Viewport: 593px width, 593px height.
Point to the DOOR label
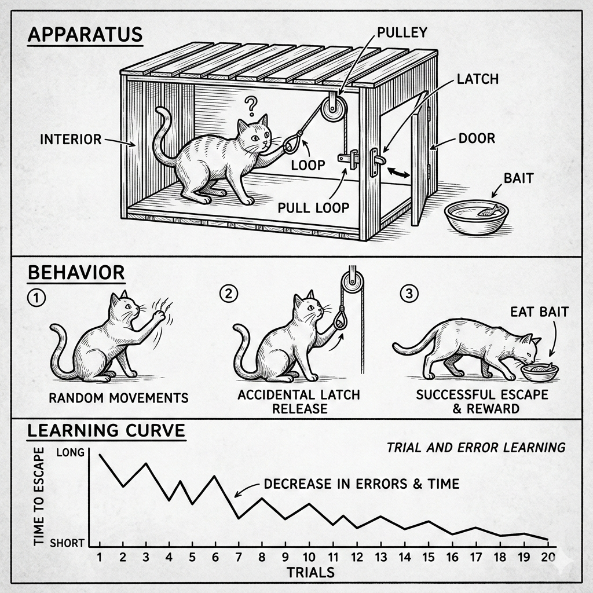(477, 138)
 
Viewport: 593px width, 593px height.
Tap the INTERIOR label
(71, 139)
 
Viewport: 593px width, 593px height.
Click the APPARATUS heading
(85, 34)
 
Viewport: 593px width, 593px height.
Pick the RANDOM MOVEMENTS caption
(118, 398)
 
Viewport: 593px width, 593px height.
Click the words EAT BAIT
(539, 312)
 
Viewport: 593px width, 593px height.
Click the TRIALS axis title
(310, 572)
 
